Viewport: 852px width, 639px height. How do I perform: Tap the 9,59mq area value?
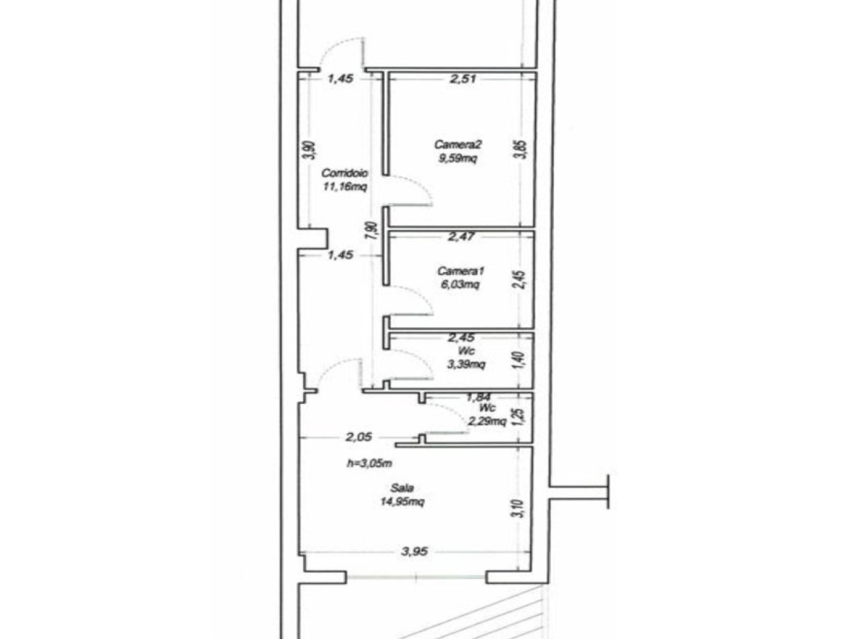(x=459, y=158)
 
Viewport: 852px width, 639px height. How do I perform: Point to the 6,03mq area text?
(x=460, y=284)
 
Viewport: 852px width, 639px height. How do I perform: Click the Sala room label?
(x=402, y=488)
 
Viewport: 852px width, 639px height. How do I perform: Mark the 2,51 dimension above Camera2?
(x=461, y=79)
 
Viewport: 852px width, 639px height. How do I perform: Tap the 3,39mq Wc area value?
(x=466, y=365)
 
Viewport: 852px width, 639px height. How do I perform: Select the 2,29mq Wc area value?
(x=486, y=422)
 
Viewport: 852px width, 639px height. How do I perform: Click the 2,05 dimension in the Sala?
(x=359, y=438)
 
